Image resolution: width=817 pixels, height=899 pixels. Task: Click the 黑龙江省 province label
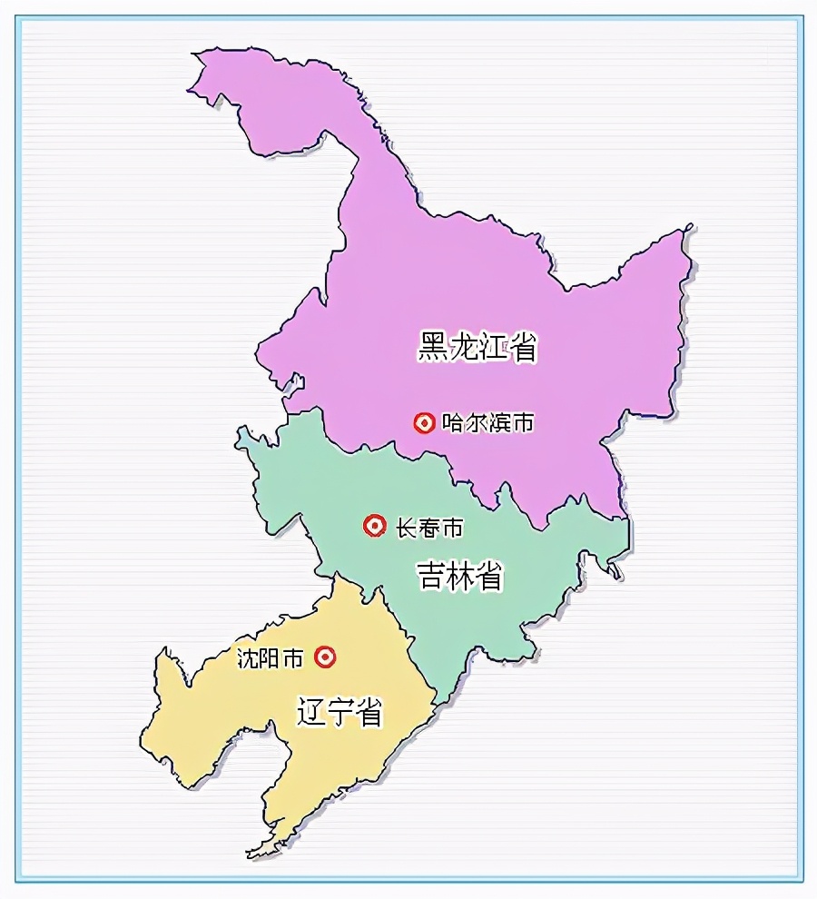pos(477,347)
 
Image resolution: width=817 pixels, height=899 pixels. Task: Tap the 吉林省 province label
pos(459,576)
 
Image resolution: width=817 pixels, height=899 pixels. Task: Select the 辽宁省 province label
pos(340,712)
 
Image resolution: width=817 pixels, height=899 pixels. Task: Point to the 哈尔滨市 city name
pos(487,422)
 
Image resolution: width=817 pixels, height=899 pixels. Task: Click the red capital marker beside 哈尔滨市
pos(424,422)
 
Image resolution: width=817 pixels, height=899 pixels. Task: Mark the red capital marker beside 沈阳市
pos(325,657)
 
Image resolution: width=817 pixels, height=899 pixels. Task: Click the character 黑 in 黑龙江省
pos(432,347)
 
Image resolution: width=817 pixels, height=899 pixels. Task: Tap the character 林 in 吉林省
pos(460,576)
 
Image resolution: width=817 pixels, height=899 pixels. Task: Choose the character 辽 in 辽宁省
pos(311,712)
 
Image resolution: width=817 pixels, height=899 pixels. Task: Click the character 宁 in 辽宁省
pos(340,712)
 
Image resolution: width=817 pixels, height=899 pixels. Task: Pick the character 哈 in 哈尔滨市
pos(453,422)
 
